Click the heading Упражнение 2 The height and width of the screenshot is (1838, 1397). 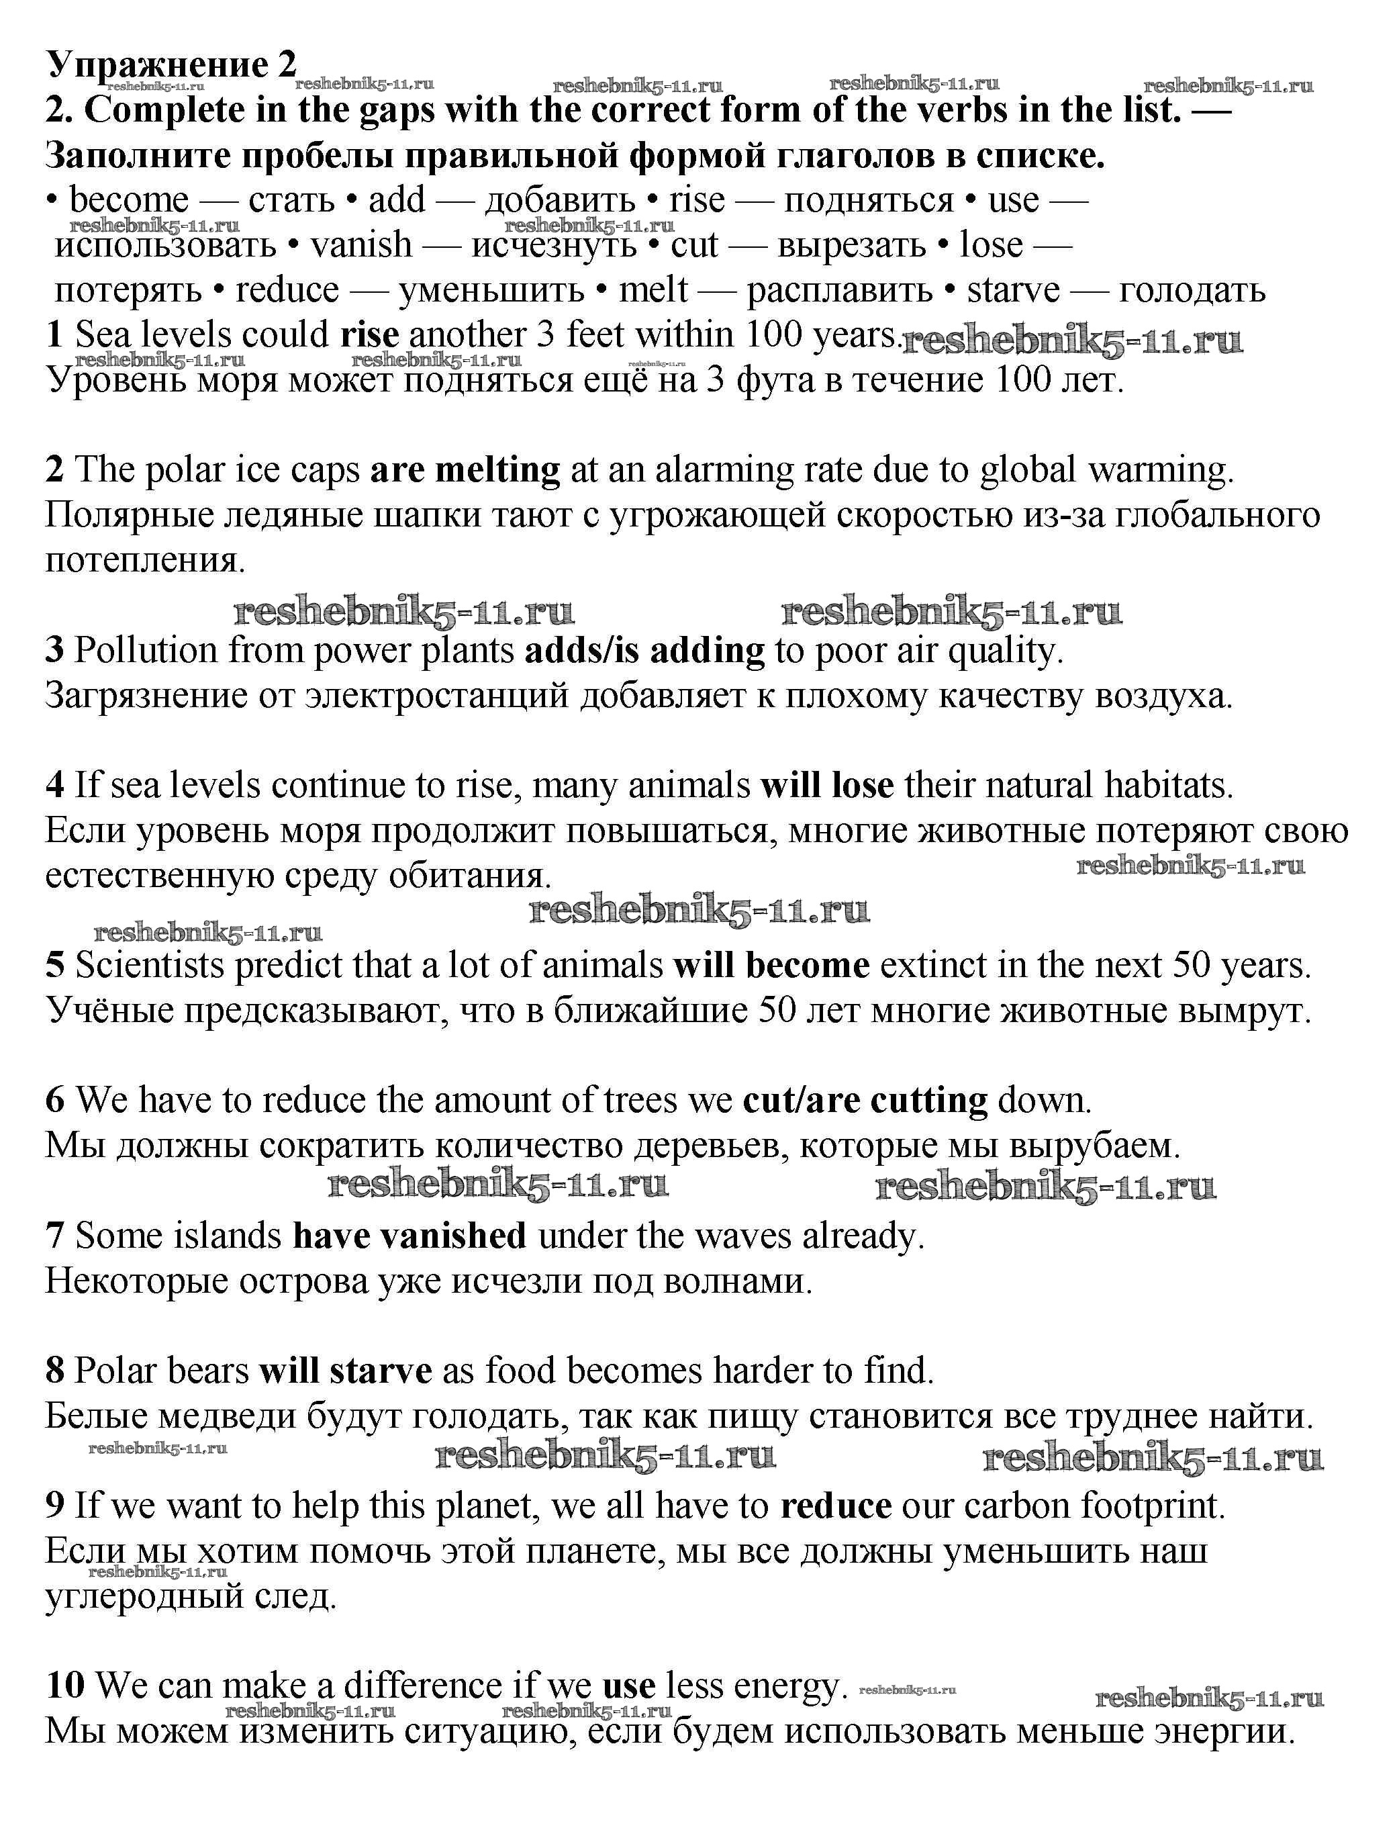coord(171,64)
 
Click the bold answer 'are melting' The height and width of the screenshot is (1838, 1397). coord(465,471)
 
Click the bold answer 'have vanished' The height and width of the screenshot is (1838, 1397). coord(409,1236)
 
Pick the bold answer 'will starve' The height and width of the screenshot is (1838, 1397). coord(345,1371)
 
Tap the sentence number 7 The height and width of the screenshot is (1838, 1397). coord(55,1236)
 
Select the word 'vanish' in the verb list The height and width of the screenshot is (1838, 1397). coord(361,245)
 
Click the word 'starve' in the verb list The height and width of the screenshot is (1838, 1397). coord(1014,290)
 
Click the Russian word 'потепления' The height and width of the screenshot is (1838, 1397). coord(146,561)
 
